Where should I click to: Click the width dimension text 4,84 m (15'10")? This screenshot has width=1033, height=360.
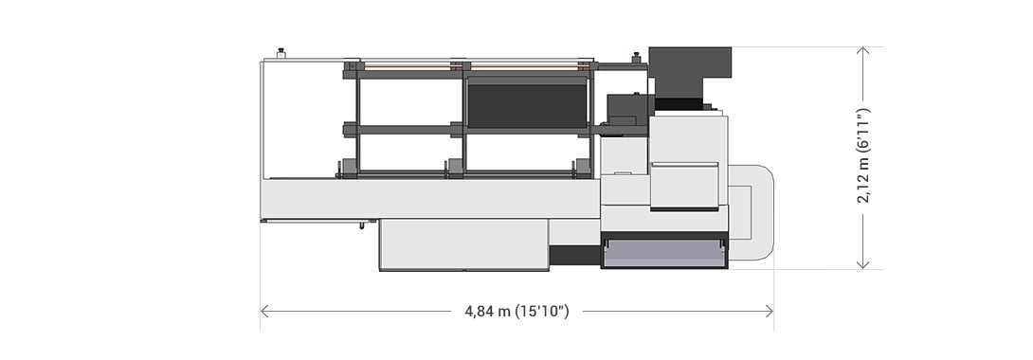tap(516, 312)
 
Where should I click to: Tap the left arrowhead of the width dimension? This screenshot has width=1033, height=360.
tap(264, 311)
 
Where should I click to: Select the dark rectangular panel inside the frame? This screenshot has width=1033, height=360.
tap(527, 104)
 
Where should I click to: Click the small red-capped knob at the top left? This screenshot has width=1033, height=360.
tap(281, 52)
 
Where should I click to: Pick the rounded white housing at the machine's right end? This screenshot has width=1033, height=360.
tap(753, 213)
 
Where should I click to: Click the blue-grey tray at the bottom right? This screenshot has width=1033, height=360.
tap(663, 252)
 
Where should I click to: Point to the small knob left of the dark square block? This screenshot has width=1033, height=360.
tap(636, 57)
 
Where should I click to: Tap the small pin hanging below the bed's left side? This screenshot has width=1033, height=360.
tap(361, 225)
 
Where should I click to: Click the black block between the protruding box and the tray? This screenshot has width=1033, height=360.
tap(575, 255)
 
